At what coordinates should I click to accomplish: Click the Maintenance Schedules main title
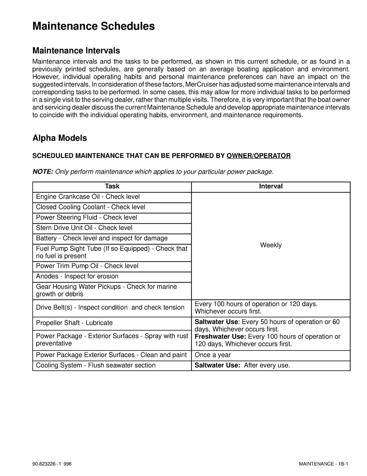[94, 26]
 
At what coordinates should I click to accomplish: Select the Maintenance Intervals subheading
[76, 51]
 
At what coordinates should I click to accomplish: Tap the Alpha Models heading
[60, 138]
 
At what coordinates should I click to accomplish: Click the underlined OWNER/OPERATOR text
[258, 156]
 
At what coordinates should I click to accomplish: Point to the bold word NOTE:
[43, 172]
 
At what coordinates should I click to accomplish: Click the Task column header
[112, 187]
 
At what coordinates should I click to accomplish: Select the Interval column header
[271, 187]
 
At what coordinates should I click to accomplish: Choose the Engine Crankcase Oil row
[88, 197]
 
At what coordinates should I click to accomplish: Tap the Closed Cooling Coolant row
[91, 207]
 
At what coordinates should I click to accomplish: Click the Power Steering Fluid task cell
[86, 218]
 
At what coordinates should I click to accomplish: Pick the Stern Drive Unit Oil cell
[84, 228]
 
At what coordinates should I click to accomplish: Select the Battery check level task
[102, 239]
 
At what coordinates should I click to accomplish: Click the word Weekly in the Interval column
[271, 245]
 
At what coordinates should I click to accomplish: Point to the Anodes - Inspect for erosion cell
[77, 276]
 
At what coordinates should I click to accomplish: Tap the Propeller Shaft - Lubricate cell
[74, 323]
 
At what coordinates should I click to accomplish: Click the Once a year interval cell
[213, 355]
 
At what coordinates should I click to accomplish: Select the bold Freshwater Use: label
[220, 337]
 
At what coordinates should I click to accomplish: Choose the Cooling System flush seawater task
[96, 366]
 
